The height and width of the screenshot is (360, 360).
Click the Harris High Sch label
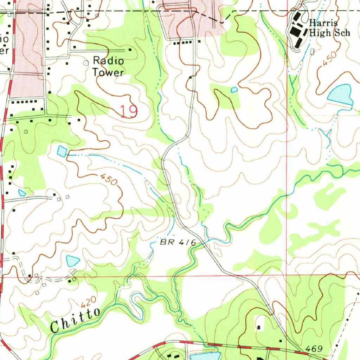pyautogui.click(x=329, y=28)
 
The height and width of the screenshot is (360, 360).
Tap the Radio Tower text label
pyautogui.click(x=108, y=66)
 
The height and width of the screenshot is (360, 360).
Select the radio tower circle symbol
pyautogui.click(x=86, y=63)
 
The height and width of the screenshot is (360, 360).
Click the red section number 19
pyautogui.click(x=128, y=112)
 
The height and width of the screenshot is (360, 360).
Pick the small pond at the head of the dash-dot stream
pyautogui.click(x=62, y=152)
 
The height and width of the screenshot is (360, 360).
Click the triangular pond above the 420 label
pyautogui.click(x=73, y=261)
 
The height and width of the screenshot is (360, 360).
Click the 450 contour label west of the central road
pyautogui.click(x=108, y=180)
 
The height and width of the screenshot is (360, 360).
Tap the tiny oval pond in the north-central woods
pyautogui.click(x=234, y=90)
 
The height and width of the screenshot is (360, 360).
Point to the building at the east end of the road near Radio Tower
pyautogui.click(x=130, y=50)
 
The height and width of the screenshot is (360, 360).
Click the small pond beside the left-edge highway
pyautogui.click(x=22, y=193)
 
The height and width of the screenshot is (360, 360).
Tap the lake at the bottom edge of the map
pyautogui.click(x=204, y=356)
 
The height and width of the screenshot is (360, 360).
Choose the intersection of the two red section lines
pyautogui.click(x=287, y=276)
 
